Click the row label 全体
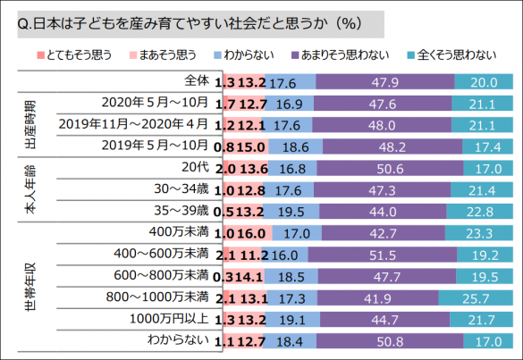pos(193,82)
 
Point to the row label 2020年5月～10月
pos(157,103)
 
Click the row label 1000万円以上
pos(170,318)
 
